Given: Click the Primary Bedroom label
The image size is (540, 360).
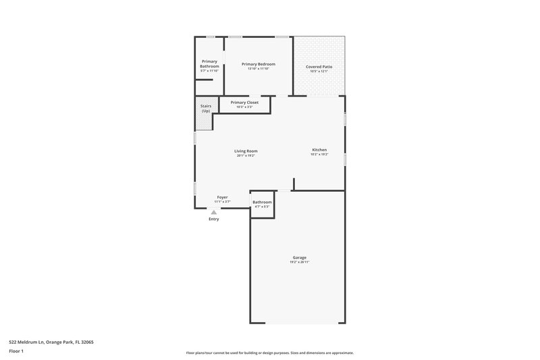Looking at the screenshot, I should click(x=259, y=64).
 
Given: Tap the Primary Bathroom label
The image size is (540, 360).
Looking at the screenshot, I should click(x=209, y=64).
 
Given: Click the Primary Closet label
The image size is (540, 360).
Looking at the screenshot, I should click(x=244, y=103).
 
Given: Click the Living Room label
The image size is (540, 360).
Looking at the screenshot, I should click(x=246, y=151).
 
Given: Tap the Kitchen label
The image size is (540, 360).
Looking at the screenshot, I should click(x=319, y=149).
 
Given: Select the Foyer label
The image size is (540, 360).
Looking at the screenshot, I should click(x=222, y=197).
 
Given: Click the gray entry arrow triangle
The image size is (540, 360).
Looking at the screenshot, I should click(x=214, y=212).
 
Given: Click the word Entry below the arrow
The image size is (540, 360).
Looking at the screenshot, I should click(x=214, y=219).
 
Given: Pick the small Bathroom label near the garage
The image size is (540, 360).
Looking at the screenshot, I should click(x=262, y=202).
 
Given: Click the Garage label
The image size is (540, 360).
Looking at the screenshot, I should click(x=300, y=257).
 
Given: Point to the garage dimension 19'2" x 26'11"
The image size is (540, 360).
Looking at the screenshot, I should click(x=300, y=262).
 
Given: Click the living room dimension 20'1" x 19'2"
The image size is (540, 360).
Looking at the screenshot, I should click(x=246, y=155).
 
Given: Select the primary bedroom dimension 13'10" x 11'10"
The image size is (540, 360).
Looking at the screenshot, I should click(x=259, y=69).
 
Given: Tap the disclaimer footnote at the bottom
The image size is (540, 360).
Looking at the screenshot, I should click(x=270, y=353).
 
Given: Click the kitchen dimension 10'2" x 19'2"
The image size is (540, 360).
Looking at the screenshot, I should click(x=319, y=154).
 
